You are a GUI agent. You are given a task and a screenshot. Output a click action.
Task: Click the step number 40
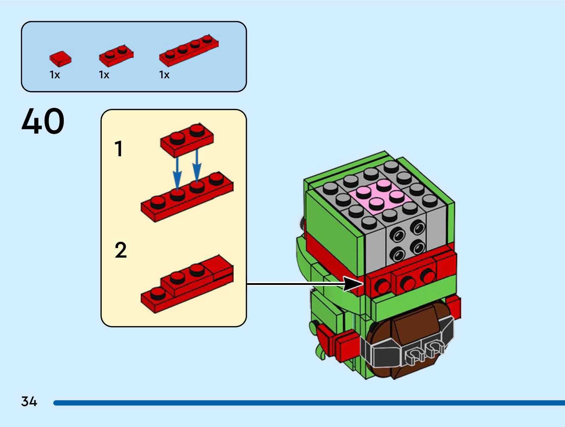[43, 121]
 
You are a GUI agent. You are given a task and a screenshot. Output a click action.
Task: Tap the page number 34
[29, 401]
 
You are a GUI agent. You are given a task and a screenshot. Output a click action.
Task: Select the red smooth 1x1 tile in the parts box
[61, 59]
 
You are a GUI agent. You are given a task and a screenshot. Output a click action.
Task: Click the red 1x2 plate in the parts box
[116, 56]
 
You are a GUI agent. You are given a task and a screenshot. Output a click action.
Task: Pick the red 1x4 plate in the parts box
[189, 51]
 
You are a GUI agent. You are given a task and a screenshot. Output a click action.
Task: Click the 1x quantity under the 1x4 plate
[164, 75]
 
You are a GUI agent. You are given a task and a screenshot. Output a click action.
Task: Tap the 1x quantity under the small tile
[55, 75]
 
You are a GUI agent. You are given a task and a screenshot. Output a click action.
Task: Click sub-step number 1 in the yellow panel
[119, 149]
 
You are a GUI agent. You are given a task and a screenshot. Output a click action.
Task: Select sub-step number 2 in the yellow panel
[121, 250]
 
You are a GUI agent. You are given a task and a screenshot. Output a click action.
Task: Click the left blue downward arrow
[177, 174]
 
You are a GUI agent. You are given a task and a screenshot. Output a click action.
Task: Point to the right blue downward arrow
[197, 166]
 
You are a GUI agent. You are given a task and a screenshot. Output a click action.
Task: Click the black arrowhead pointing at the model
[353, 284]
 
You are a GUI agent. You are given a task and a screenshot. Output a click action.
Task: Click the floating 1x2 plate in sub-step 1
[187, 140]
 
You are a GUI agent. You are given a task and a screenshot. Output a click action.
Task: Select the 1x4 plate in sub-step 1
[187, 197]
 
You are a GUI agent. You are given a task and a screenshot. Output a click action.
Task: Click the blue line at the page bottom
[309, 403]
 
